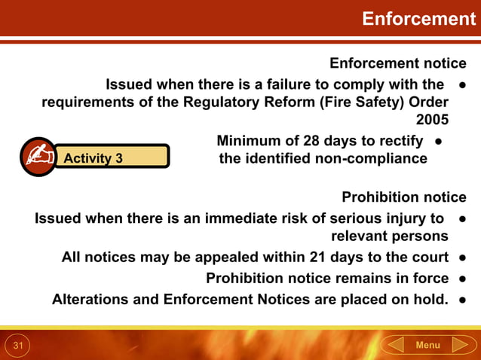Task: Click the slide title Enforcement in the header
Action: tap(418, 19)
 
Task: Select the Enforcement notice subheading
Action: tap(398, 63)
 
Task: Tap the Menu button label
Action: tap(427, 345)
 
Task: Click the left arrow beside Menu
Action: tap(394, 345)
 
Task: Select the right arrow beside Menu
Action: tap(461, 345)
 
